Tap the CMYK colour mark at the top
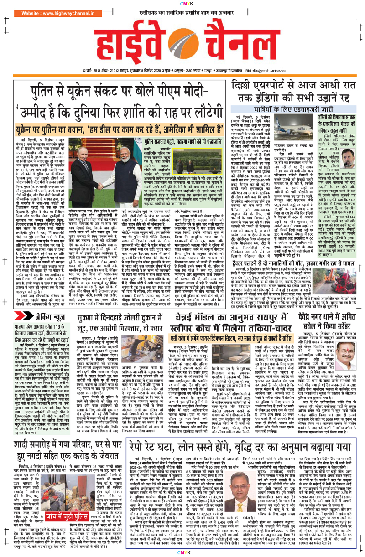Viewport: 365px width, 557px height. [x=182, y=3]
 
